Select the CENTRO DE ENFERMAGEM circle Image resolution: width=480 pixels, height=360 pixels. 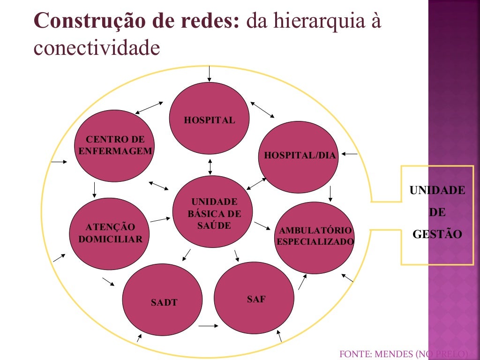115,146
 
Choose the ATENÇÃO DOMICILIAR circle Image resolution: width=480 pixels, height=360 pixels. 110,233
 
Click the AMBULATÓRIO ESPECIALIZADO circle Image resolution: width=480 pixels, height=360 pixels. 314,236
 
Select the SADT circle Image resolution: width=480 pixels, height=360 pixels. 162,300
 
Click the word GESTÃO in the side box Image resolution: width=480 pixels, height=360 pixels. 437,234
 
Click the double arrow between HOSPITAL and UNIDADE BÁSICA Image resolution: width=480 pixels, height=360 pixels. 210,167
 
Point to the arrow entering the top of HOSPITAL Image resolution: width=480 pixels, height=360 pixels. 210,74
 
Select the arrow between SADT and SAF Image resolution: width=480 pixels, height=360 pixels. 208,325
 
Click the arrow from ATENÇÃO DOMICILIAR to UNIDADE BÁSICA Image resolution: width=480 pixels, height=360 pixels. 160,219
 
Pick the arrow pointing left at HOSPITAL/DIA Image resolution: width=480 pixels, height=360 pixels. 350,154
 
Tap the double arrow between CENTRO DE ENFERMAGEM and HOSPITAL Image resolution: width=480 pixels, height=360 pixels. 149,107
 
